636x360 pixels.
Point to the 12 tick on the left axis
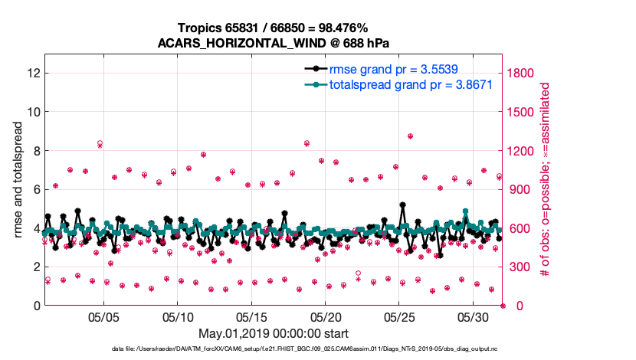(33, 73)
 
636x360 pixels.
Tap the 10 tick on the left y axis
(33, 112)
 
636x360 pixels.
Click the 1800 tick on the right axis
(523, 73)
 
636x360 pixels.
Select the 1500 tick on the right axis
(523, 112)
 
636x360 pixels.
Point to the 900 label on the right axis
(520, 189)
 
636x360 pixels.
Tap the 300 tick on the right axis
(520, 267)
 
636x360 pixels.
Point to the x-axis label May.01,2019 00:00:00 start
(273, 333)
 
